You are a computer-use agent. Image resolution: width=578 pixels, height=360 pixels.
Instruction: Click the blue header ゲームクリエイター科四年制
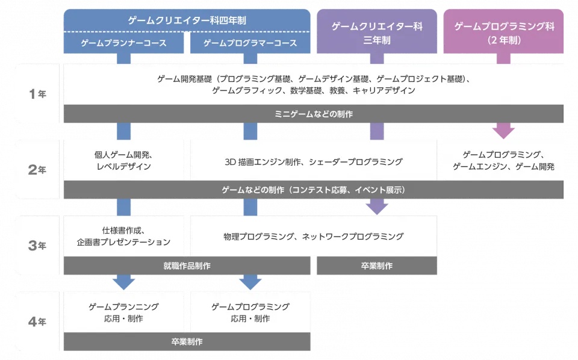(187, 20)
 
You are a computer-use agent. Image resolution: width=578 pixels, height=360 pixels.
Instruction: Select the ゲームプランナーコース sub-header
(123, 43)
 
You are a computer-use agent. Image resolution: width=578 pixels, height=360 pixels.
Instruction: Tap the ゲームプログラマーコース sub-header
(250, 43)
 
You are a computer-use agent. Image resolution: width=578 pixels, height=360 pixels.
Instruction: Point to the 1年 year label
(37, 95)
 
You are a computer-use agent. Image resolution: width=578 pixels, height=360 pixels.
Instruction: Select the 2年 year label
(37, 170)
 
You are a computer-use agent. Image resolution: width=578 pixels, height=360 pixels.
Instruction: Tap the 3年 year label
(37, 245)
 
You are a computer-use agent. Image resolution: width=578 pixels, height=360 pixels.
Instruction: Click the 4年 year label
(37, 321)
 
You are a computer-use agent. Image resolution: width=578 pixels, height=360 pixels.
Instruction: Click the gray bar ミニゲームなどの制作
(313, 114)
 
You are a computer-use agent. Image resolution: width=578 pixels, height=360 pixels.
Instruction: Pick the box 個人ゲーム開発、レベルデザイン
(123, 160)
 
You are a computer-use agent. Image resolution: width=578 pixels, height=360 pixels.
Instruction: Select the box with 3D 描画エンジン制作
(313, 161)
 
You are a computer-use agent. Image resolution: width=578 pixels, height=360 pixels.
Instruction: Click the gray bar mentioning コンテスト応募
(313, 190)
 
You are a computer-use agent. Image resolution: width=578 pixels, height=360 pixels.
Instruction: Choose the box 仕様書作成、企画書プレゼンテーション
(123, 236)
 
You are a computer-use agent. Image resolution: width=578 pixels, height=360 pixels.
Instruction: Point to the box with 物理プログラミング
(313, 236)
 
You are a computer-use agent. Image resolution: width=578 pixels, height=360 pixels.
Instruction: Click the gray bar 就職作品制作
(187, 265)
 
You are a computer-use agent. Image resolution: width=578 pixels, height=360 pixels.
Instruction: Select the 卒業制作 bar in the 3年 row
(377, 265)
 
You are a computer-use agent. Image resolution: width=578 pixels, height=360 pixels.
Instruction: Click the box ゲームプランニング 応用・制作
(123, 312)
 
